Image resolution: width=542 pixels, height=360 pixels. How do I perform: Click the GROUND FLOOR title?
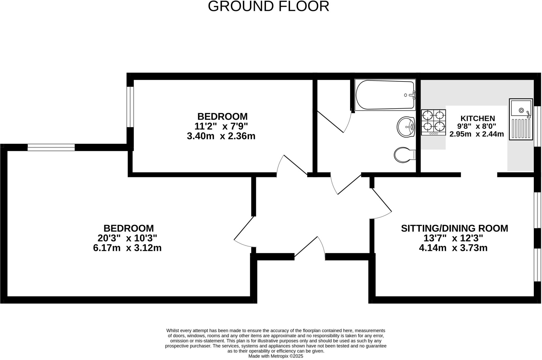pyautogui.click(x=268, y=6)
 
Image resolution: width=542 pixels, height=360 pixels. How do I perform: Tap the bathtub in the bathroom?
pyautogui.click(x=385, y=95)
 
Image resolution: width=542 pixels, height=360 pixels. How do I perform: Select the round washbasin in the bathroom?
pyautogui.click(x=406, y=127)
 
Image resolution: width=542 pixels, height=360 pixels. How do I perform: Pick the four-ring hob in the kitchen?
pyautogui.click(x=433, y=122)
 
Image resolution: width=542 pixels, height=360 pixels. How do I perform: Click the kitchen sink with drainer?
pyautogui.click(x=521, y=119)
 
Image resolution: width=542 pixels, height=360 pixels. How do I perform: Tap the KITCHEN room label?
pyautogui.click(x=478, y=118)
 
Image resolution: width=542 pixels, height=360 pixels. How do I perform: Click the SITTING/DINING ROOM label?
pyautogui.click(x=454, y=228)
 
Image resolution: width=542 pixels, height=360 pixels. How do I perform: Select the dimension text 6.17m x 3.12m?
pyautogui.click(x=127, y=248)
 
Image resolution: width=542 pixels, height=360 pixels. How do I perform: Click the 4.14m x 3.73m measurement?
pyautogui.click(x=453, y=248)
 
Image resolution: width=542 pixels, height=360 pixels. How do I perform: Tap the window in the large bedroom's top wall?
pyautogui.click(x=51, y=147)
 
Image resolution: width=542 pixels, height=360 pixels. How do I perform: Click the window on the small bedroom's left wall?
pyautogui.click(x=130, y=107)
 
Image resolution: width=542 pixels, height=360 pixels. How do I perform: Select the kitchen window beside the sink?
pyautogui.click(x=537, y=126)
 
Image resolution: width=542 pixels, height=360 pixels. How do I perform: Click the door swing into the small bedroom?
pyautogui.click(x=291, y=165)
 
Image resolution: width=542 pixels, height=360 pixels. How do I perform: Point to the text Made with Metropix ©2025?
pyautogui.click(x=275, y=356)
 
